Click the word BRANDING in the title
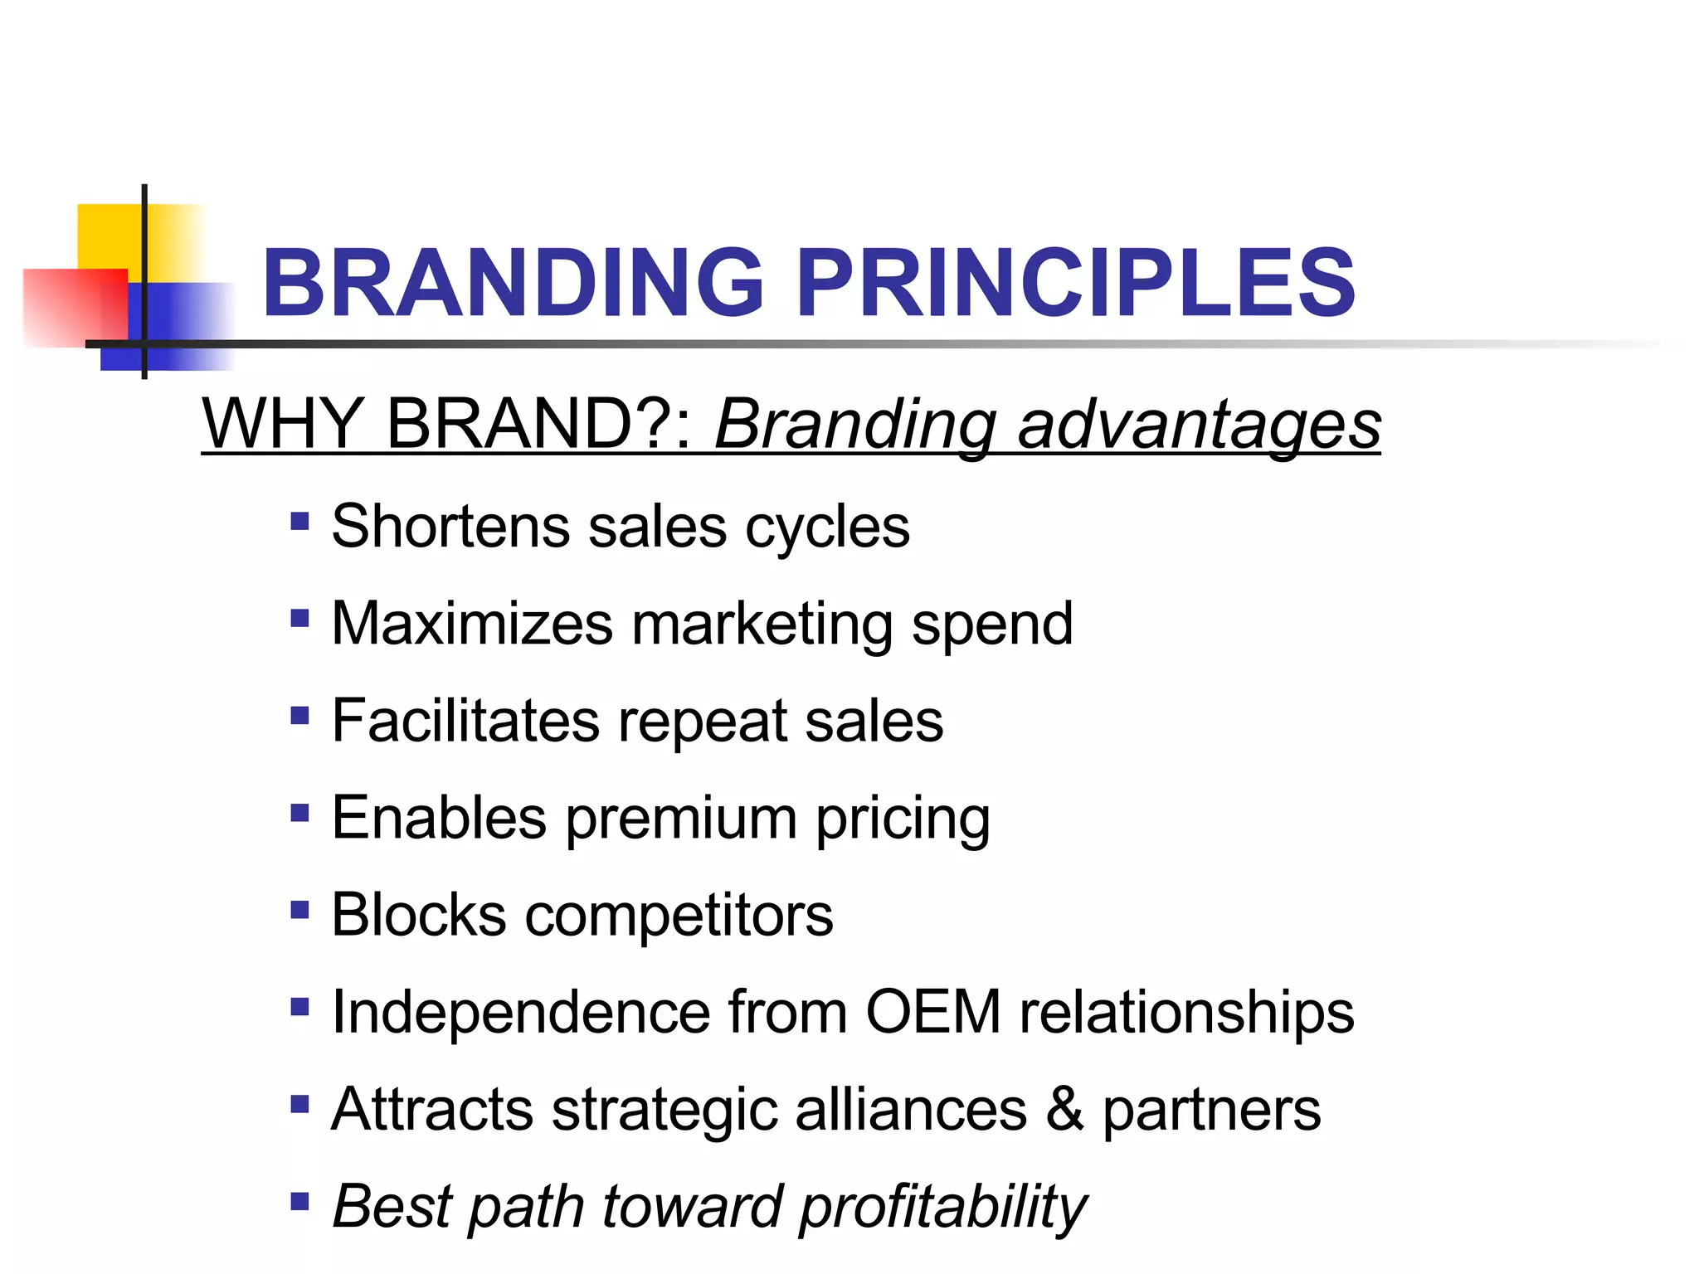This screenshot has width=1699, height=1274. pyautogui.click(x=513, y=284)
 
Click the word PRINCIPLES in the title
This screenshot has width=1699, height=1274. pyautogui.click(x=1076, y=284)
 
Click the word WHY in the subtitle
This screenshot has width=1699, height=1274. pyautogui.click(x=282, y=424)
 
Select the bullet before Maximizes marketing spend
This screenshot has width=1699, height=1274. pyautogui.click(x=299, y=619)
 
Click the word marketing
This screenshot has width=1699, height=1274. pyautogui.click(x=761, y=625)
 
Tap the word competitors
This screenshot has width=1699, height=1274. pyautogui.click(x=679, y=917)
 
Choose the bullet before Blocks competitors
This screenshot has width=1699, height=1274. pyautogui.click(x=299, y=910)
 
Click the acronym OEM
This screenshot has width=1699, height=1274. pyautogui.click(x=933, y=1012)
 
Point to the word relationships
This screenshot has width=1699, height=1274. pyautogui.click(x=1186, y=1014)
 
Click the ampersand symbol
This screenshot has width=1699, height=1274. pyautogui.click(x=1064, y=1109)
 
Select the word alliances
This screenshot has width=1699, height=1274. pyautogui.click(x=910, y=1109)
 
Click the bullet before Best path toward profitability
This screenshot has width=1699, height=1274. pyautogui.click(x=299, y=1201)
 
